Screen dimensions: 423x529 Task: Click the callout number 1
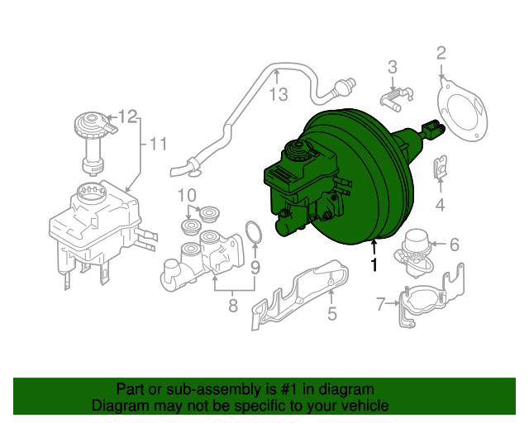coord(374,265)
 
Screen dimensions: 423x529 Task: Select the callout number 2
coord(441,54)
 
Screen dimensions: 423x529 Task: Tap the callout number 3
coord(393,67)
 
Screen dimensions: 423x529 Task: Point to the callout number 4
coord(441,204)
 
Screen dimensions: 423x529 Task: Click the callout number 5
coord(331,313)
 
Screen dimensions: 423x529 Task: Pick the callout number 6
coord(454,244)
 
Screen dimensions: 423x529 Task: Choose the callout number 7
coord(381,304)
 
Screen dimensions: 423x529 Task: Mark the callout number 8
coord(232,306)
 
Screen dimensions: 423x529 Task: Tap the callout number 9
coord(255,267)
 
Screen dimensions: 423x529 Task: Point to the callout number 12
coord(126,116)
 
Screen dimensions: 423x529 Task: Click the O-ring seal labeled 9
coord(255,233)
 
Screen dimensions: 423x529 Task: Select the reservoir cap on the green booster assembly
coord(295,150)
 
